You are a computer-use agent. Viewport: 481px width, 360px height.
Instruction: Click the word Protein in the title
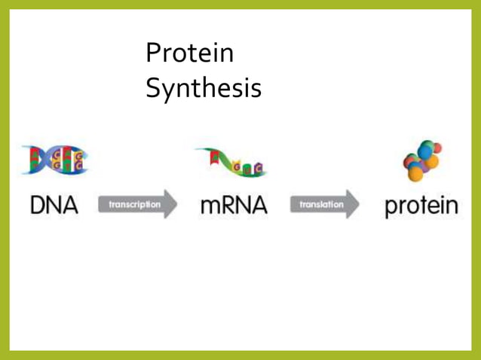point(189,53)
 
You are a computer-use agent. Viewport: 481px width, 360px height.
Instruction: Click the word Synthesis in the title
point(203,88)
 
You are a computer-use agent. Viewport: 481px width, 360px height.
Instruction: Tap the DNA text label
point(54,205)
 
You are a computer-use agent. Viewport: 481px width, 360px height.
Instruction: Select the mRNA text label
point(234,205)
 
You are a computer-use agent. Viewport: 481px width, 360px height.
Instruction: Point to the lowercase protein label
point(421,206)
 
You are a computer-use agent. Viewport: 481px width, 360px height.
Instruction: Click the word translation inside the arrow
point(321,204)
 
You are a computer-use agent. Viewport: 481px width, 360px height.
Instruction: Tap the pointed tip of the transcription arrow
point(177,204)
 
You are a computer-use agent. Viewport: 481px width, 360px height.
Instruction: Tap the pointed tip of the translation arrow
point(360,204)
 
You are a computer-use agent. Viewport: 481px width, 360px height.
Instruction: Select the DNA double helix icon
point(54,160)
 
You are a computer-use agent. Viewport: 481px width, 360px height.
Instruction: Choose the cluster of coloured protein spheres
point(422,160)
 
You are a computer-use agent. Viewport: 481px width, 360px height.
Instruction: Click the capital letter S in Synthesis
point(153,88)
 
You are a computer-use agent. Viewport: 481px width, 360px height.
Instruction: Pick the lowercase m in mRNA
point(212,207)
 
